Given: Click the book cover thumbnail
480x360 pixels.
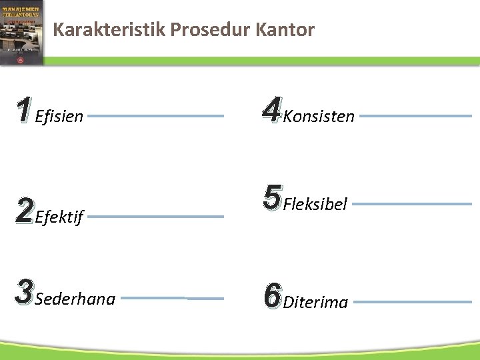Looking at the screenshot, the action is [22, 32].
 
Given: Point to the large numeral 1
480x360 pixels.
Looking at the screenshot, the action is [23, 110].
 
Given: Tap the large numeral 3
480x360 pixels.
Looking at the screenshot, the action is [23, 293].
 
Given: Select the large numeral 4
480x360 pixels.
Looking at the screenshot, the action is [271, 110].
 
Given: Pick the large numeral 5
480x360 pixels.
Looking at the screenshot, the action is [271, 197].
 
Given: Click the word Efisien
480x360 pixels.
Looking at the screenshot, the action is [59, 117].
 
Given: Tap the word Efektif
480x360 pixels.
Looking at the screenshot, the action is [59, 217].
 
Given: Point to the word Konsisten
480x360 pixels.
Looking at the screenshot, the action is [319, 117].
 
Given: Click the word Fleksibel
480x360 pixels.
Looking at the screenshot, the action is [315, 205].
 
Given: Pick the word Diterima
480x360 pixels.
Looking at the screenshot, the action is [315, 303].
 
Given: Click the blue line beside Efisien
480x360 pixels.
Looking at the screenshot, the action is [156, 116].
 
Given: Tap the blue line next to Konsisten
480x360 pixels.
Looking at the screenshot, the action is [415, 116].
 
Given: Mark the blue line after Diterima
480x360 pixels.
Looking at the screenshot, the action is [412, 302].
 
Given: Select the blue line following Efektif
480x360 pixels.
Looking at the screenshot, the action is [156, 216].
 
